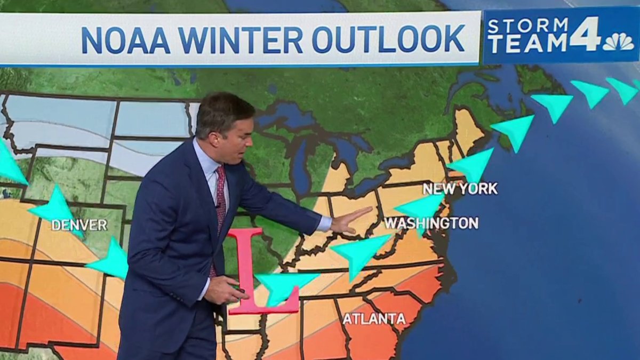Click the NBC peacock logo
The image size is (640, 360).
(618, 42)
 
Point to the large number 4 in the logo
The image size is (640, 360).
(585, 35)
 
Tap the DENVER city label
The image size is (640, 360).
(79, 225)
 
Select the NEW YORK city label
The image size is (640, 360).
(460, 188)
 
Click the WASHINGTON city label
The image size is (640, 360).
(431, 223)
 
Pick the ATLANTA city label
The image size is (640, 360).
(374, 319)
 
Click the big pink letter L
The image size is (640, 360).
(251, 272)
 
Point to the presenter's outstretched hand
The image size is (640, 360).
(349, 220)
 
